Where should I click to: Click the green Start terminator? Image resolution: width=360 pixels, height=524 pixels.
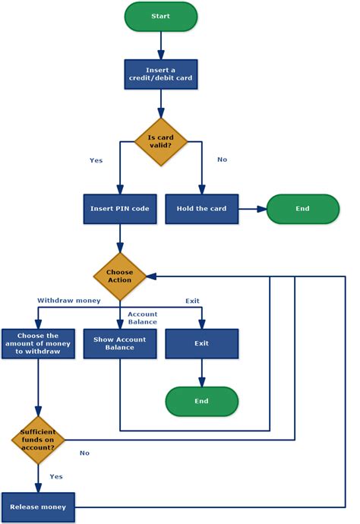[160, 16]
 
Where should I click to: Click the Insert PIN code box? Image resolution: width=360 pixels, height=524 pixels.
[119, 209]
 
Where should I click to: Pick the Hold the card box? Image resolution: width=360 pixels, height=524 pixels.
[201, 209]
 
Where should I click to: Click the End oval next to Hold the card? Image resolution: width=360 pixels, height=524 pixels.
[302, 209]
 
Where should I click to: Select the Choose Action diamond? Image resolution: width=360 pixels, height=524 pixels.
[119, 276]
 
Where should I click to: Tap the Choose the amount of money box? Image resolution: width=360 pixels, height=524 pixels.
[36, 344]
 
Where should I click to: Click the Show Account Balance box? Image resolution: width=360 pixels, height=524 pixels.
[119, 344]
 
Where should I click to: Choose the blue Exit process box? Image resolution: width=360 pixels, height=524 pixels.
[201, 344]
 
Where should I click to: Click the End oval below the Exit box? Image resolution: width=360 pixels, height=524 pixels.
[201, 401]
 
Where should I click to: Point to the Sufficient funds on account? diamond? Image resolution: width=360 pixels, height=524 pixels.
[36, 439]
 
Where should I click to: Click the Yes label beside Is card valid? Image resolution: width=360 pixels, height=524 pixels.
[96, 160]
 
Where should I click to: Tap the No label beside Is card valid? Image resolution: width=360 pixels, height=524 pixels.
[222, 160]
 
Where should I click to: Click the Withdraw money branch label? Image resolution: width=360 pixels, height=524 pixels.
[69, 301]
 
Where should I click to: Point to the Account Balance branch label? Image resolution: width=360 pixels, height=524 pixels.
[142, 317]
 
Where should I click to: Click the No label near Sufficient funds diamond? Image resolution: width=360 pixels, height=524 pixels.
[84, 453]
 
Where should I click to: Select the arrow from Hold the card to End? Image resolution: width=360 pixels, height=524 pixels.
[251, 209]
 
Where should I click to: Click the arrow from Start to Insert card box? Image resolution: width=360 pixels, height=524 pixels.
[160, 46]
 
